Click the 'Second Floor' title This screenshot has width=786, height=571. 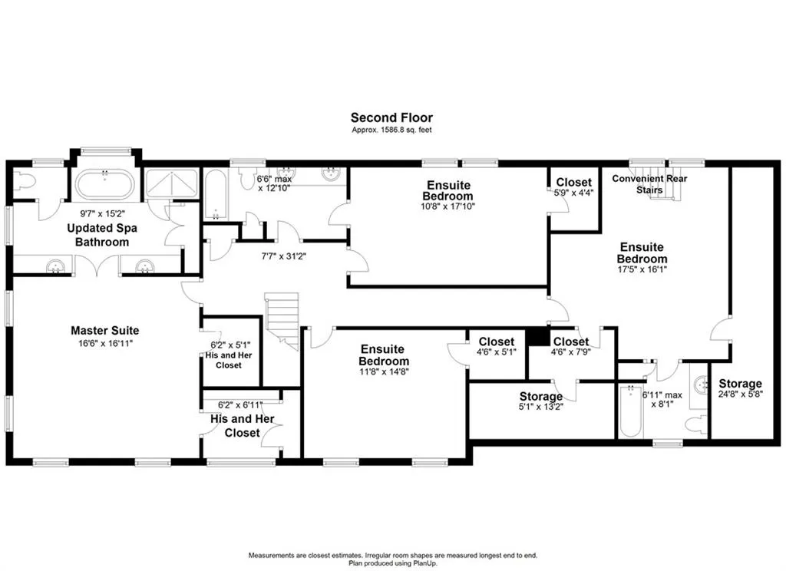pos(391,118)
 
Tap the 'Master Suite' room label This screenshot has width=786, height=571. pos(104,330)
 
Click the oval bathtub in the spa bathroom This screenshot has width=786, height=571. pos(104,185)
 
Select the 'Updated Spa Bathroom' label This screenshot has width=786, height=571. pos(102,235)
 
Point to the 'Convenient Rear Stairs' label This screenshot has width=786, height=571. pos(649,184)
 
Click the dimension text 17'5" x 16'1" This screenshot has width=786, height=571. pos(642,269)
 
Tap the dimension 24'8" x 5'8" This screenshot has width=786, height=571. pos(740,394)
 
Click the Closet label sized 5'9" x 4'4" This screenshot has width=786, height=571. pos(573,183)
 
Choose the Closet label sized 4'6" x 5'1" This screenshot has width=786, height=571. pos(497,342)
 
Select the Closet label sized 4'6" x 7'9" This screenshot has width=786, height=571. pos(571,342)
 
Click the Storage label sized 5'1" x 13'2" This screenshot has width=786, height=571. pos(541,397)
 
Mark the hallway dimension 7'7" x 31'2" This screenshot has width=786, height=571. pos(284,256)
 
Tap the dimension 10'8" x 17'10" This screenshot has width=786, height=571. pos(448,206)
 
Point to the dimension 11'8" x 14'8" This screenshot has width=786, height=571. pos(384,371)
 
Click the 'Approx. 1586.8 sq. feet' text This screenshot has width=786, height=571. pos(391,130)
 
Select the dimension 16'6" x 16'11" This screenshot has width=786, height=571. pos(104,343)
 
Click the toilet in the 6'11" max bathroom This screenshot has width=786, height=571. pos(697,424)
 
